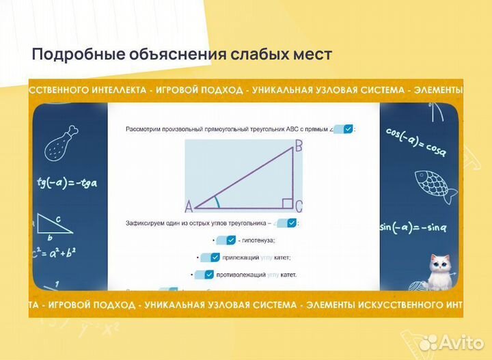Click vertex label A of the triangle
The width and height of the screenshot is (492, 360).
click(x=189, y=206)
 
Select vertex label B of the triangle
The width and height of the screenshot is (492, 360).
click(x=298, y=146)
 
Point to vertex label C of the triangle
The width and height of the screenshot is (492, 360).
click(x=299, y=206)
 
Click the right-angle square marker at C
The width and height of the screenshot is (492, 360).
click(x=288, y=204)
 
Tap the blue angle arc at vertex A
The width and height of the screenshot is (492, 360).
click(x=217, y=202)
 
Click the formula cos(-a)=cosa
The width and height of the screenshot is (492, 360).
click(x=415, y=140)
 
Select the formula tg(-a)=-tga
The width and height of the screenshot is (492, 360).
click(x=67, y=182)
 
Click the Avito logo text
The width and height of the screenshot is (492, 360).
click(x=459, y=342)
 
